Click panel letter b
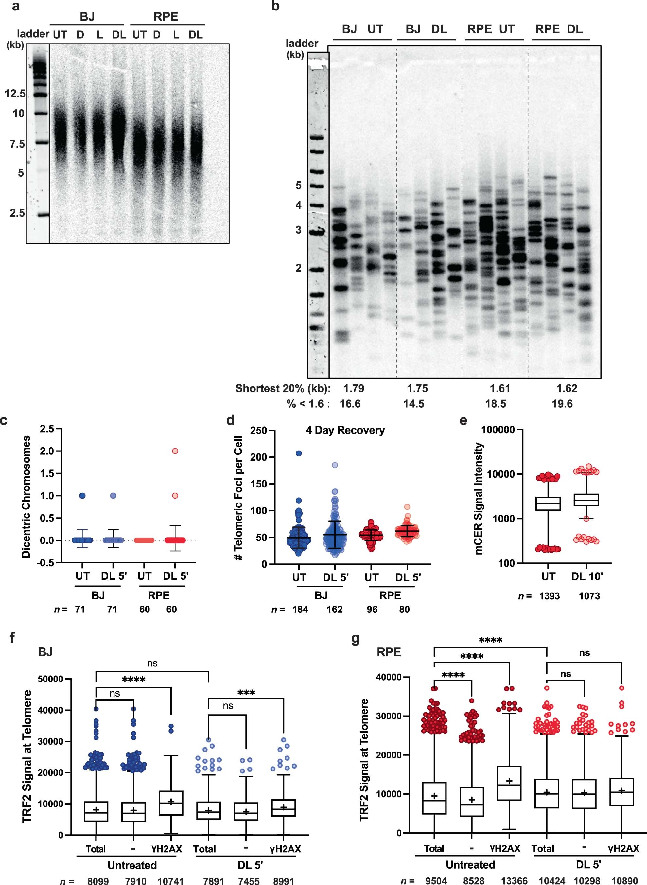pos(275,6)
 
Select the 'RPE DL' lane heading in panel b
pos(559,29)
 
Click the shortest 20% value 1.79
pos(354,389)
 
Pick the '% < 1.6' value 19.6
pos(562,404)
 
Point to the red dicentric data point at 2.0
pos(175,451)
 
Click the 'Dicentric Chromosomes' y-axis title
pos(26,496)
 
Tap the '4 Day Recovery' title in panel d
pos(345,430)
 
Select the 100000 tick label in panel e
pos(498,430)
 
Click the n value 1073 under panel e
pos(589,596)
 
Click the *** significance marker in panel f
pos(246,693)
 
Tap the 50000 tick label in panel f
pos(50,679)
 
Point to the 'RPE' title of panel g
pos(389,652)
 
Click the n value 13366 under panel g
pos(514,881)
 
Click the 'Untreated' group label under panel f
pos(132,865)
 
